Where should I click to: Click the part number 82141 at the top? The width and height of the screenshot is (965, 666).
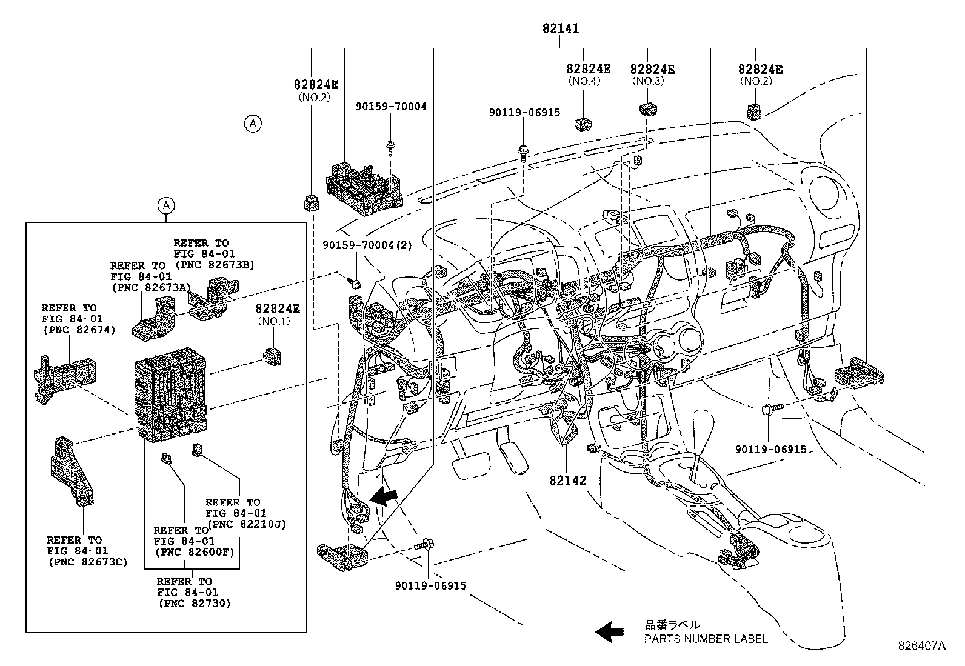560,28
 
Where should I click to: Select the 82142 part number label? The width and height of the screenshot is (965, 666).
568,480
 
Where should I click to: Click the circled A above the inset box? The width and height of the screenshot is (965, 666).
166,205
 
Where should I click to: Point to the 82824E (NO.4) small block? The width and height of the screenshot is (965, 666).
583,124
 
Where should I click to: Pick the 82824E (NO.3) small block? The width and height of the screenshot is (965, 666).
648,110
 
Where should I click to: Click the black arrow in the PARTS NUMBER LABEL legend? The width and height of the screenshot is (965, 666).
609,632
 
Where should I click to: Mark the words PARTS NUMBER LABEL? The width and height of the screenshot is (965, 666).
706,639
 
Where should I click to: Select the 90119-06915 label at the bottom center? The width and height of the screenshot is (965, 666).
430,586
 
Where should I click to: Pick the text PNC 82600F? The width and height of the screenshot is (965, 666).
194,552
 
